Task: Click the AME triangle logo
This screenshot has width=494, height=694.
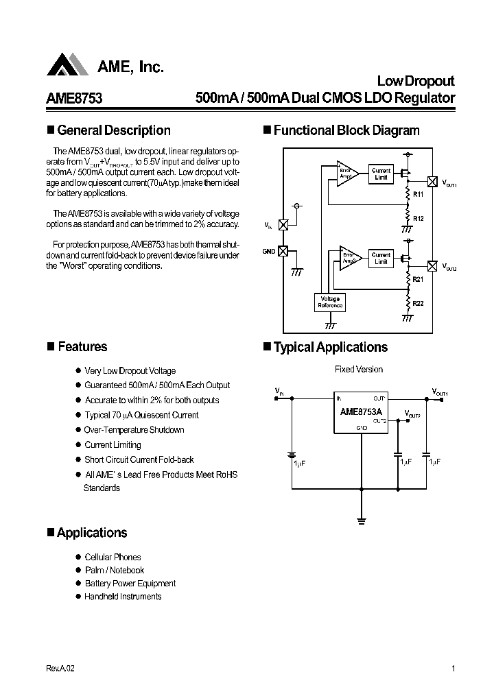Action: [x=67, y=65]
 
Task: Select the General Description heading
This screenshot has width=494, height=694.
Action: [x=113, y=130]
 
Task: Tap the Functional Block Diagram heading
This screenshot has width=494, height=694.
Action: [x=346, y=130]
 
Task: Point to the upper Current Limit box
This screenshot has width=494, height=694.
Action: [x=381, y=174]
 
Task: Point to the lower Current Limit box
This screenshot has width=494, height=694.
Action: [x=381, y=258]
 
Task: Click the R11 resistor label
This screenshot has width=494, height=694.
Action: [x=418, y=195]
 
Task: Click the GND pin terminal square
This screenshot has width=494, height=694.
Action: [x=282, y=251]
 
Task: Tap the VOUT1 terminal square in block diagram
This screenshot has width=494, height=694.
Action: [x=432, y=182]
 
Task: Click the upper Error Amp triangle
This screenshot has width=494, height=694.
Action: [x=346, y=174]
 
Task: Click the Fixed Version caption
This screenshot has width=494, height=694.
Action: [x=358, y=370]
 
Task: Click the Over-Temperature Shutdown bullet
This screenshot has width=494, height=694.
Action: [x=134, y=430]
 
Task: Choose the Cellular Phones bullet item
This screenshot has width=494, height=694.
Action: [x=113, y=557]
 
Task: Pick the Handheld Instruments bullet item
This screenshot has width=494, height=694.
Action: [x=123, y=597]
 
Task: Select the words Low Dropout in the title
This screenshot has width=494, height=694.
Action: [x=416, y=81]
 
